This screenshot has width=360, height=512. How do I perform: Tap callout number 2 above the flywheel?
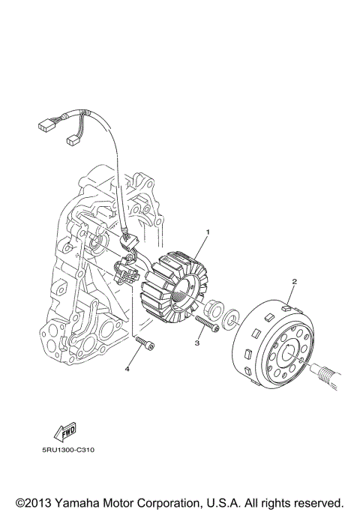coord(294,281)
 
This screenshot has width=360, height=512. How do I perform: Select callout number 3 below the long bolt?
coord(196,343)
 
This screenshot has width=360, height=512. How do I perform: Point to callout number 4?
coord(127,369)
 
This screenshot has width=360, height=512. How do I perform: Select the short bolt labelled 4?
coord(145,346)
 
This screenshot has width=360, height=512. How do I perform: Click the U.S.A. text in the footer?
coord(235,501)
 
